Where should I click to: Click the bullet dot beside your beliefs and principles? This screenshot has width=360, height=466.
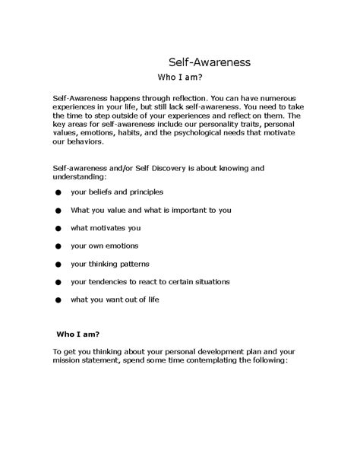[x=58, y=193]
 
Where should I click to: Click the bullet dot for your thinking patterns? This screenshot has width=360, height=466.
[x=58, y=265]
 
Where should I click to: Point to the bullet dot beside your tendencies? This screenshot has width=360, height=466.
[x=58, y=283]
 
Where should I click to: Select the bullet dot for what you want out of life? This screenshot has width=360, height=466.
[x=58, y=300]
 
